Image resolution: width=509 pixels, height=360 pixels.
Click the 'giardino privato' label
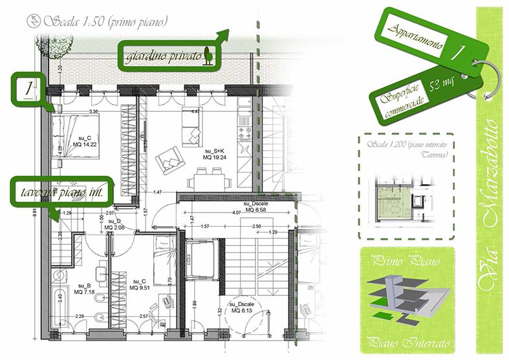pyautogui.click(x=162, y=56)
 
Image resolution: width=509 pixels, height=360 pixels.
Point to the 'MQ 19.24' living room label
pyautogui.click(x=213, y=156)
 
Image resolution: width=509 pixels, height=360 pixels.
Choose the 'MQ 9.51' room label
pyautogui.click(x=140, y=287)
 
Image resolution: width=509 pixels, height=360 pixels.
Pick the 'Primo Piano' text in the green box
pyautogui.click(x=405, y=262)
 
